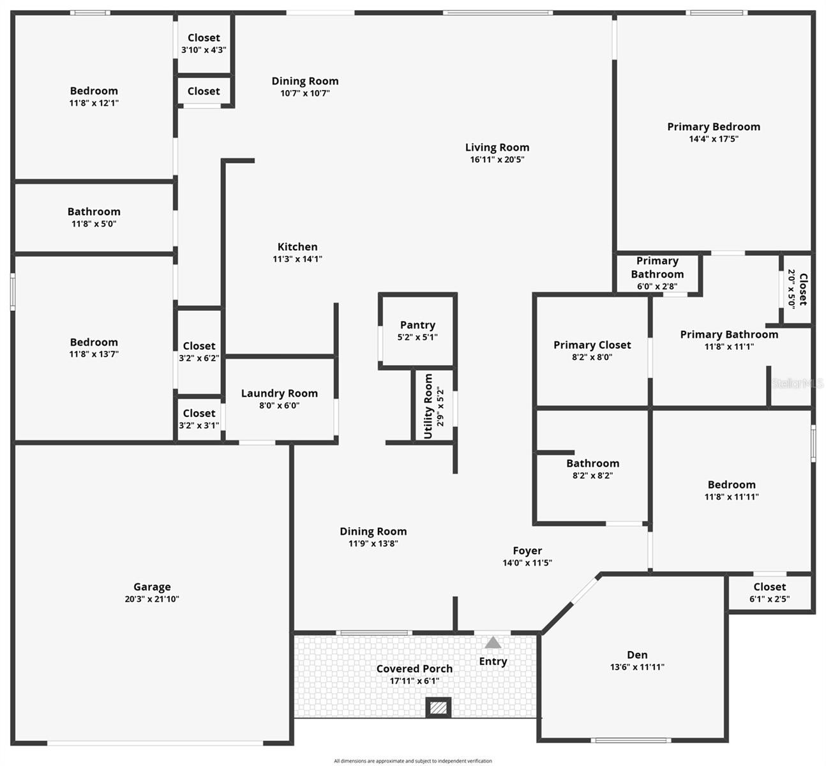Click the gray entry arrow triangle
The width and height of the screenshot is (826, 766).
click(x=492, y=642)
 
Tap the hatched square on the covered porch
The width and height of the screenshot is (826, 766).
click(x=438, y=708)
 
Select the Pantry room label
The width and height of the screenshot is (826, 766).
click(x=417, y=324)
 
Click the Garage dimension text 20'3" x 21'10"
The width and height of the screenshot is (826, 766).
click(x=152, y=599)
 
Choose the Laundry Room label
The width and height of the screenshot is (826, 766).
click(x=279, y=393)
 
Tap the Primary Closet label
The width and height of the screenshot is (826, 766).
click(x=592, y=345)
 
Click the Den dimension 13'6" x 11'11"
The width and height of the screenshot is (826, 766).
click(x=637, y=667)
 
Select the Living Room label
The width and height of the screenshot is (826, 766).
click(x=497, y=147)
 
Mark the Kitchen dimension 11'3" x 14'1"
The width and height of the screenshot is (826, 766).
click(x=297, y=259)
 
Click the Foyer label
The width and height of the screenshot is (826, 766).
click(x=527, y=551)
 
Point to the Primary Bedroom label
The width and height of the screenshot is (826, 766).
click(x=714, y=127)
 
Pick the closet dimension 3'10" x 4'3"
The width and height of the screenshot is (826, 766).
click(x=204, y=50)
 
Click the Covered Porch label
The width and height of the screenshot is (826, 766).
click(x=414, y=668)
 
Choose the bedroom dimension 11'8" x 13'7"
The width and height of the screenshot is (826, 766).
click(x=94, y=354)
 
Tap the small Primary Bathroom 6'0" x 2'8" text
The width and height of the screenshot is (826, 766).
click(x=657, y=286)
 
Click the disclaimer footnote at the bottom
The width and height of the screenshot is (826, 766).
click(x=412, y=761)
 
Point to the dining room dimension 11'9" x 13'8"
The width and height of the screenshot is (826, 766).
click(x=373, y=543)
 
